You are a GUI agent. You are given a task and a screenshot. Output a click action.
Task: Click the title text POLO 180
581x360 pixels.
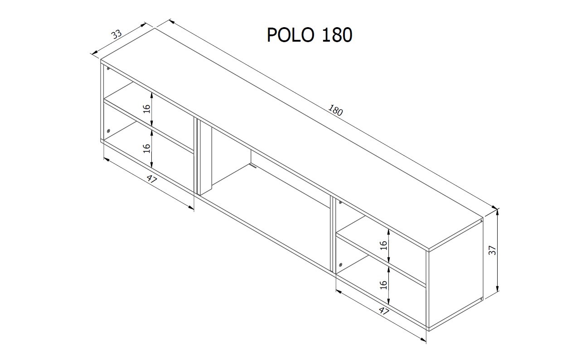click(x=310, y=35)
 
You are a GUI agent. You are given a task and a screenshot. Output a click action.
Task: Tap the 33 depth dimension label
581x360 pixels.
click(x=116, y=34)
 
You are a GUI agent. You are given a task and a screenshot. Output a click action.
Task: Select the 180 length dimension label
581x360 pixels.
click(x=336, y=110)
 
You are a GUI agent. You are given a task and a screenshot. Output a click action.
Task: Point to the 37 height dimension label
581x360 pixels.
click(x=492, y=250)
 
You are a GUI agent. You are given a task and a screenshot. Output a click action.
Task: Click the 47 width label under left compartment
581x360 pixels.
click(x=152, y=179)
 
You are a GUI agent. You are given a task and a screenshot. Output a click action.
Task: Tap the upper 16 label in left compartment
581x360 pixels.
click(x=147, y=109)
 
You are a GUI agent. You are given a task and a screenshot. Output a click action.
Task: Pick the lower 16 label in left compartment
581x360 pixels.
click(x=147, y=149)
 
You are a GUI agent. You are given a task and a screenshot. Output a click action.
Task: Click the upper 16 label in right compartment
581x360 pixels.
click(x=383, y=245)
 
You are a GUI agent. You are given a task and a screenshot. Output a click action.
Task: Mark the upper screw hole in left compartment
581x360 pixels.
click(x=108, y=68)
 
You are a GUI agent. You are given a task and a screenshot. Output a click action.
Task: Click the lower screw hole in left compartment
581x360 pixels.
click(x=108, y=131)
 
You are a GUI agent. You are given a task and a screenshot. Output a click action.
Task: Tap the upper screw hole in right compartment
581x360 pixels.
click(x=340, y=202)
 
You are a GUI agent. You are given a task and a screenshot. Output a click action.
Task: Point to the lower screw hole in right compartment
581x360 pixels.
click(x=340, y=264)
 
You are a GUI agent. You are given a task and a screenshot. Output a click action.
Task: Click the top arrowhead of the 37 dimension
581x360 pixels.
click(x=497, y=212)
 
